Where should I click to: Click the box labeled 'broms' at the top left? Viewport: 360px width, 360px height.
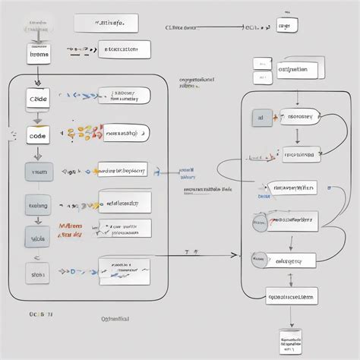(39, 55)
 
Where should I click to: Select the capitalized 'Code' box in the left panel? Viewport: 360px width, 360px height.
(38, 99)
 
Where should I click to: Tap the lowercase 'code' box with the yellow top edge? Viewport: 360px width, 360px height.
(37, 134)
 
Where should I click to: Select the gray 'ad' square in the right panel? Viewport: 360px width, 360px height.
(261, 118)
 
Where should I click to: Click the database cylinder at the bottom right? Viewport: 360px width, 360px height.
(291, 343)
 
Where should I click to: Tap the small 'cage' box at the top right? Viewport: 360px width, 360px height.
(286, 26)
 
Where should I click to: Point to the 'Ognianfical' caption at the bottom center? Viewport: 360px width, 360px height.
(116, 320)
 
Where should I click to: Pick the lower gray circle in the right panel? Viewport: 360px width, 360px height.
(260, 260)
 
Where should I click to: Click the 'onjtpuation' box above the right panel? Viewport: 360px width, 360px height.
(293, 70)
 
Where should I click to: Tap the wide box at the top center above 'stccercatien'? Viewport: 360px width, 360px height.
(106, 24)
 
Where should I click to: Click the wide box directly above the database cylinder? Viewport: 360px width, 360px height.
(292, 296)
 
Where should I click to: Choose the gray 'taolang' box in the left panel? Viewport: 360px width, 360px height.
(38, 205)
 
